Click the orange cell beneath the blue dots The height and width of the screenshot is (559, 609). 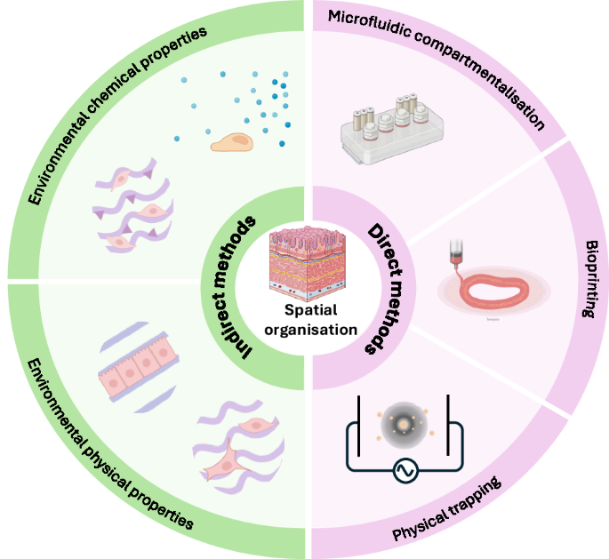click(234, 141)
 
